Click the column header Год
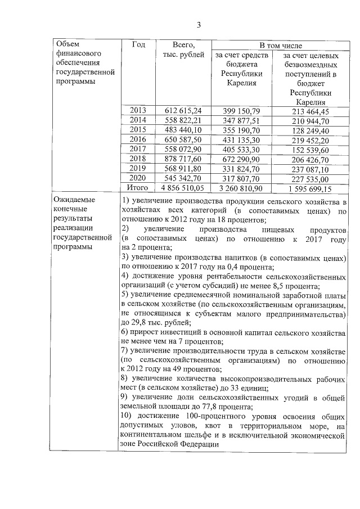click(x=139, y=44)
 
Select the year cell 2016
click(x=137, y=139)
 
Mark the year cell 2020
click(x=137, y=178)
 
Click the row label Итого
click(x=137, y=188)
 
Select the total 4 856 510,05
click(x=180, y=188)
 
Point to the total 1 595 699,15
click(x=308, y=188)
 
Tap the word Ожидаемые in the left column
click(x=74, y=200)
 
